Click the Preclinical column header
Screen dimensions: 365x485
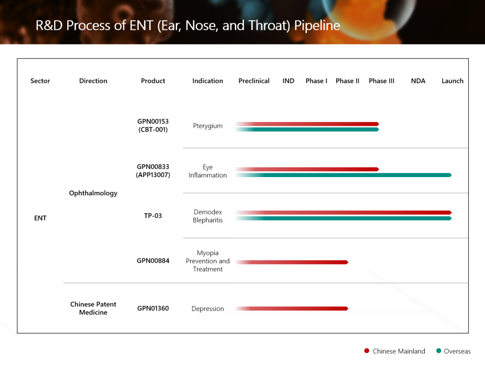coord(254,81)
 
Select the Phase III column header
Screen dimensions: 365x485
coord(381,81)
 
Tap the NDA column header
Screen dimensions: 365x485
coord(418,81)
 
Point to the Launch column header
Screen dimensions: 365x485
coord(452,81)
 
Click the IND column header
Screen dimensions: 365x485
coord(288,81)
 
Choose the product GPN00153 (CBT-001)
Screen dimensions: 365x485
coord(153,126)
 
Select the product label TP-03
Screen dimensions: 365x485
coord(153,216)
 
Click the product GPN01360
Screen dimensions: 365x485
coord(153,309)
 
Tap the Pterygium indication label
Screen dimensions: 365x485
coord(207,126)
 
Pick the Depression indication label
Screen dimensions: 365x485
coord(207,309)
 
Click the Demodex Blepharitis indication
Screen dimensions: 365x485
coord(207,216)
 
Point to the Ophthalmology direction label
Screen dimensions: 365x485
coord(93,193)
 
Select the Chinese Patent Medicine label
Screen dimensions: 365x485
coord(93,308)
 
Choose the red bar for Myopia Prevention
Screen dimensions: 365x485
coord(292,262)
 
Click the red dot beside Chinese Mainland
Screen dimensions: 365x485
coord(367,351)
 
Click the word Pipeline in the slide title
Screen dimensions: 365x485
coord(317,25)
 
